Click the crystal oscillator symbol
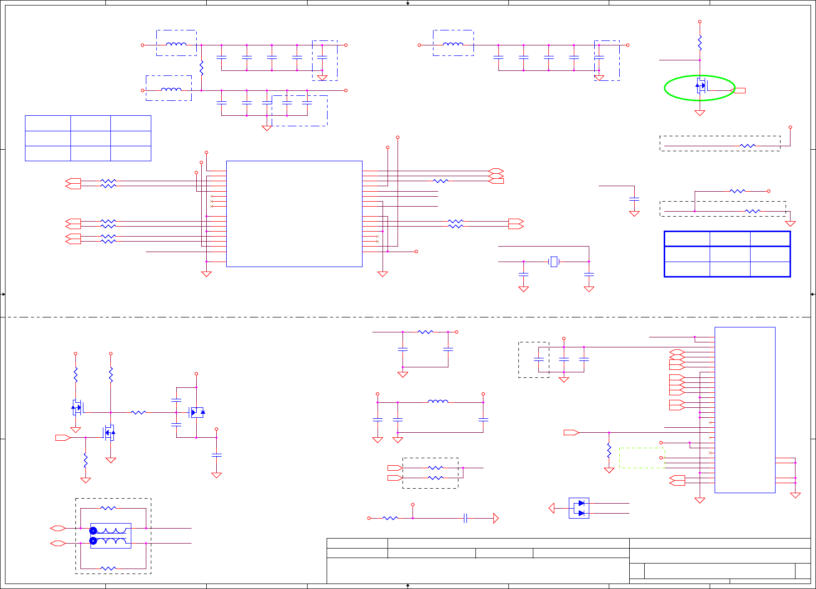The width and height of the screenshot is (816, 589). click(x=553, y=262)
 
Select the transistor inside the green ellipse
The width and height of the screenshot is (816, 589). click(x=701, y=86)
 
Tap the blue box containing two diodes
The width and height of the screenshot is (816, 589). click(x=579, y=508)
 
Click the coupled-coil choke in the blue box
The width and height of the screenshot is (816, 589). click(x=111, y=536)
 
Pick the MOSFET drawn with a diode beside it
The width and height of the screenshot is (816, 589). click(x=197, y=412)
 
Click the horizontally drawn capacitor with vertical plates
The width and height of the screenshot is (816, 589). click(x=465, y=518)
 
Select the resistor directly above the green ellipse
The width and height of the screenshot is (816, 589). click(x=700, y=43)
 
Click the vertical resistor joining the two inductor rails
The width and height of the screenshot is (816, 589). click(x=201, y=68)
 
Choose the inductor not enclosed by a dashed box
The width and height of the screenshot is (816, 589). click(x=438, y=401)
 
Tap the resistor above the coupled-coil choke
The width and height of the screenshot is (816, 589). click(x=108, y=508)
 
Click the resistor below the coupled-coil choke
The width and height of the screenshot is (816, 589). click(x=108, y=568)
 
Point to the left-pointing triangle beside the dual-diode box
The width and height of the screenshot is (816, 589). click(x=551, y=508)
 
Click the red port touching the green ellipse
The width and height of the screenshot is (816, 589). click(x=739, y=90)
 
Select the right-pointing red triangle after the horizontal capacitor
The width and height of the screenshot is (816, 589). click(x=495, y=518)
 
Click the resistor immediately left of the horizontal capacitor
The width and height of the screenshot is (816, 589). click(x=390, y=518)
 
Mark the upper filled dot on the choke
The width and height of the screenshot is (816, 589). click(x=93, y=531)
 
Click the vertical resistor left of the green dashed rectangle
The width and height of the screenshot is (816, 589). click(x=609, y=451)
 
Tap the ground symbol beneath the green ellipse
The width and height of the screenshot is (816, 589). click(x=700, y=113)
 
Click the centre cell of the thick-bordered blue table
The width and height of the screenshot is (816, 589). click(x=730, y=254)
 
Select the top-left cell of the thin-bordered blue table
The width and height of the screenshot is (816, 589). click(x=48, y=123)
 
